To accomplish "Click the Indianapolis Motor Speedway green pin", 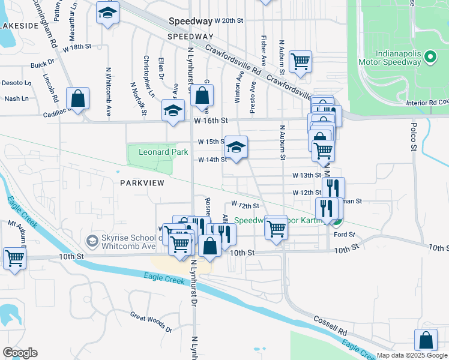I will point(430,58).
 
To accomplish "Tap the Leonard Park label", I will point(164,152).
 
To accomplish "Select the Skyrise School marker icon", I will point(92,241).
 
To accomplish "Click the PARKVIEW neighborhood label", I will point(142,182).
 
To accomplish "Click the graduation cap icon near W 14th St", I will point(237,146).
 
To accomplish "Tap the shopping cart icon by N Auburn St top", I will point(300,61).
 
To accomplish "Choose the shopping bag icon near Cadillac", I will point(78,98).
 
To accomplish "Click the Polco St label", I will point(414,135).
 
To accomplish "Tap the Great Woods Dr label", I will point(151,322).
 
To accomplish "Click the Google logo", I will point(20,353).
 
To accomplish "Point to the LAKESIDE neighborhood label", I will point(20,26).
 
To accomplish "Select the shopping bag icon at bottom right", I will point(426,340).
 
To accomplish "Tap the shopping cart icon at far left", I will point(14,259).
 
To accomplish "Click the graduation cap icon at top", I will point(107,13).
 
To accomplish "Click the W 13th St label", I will point(307,175).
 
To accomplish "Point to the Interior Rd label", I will point(427,103).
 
